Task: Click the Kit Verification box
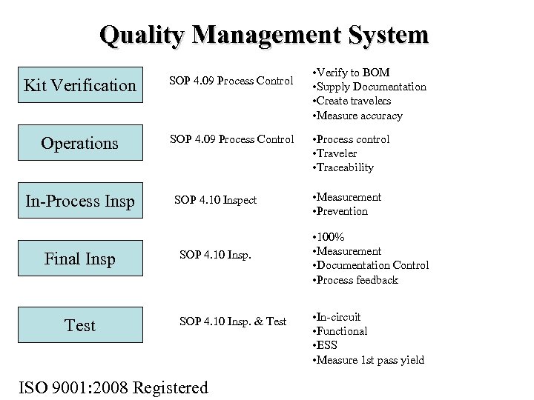pos(80,86)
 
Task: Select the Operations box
pos(80,143)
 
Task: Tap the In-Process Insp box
pos(80,201)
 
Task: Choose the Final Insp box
pos(80,259)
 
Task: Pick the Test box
pos(80,325)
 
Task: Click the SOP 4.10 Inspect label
pos(215,200)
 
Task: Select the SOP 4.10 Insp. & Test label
pos(233,321)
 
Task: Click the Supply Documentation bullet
pos(370,87)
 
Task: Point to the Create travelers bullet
pos(352,101)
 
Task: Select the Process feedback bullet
pos(356,280)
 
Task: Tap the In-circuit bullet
pos(338,317)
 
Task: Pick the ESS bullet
pos(327,345)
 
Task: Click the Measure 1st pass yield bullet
pos(369,360)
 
